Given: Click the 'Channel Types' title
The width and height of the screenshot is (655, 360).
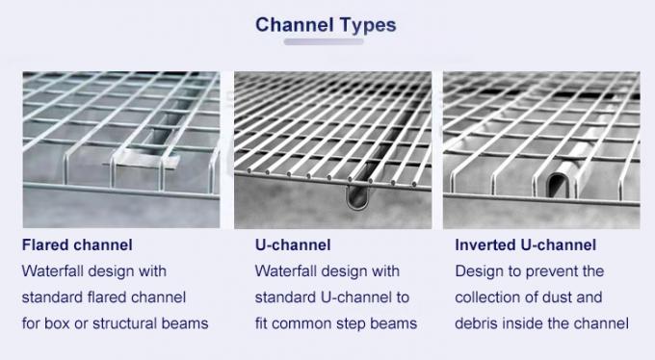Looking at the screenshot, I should click(x=326, y=25).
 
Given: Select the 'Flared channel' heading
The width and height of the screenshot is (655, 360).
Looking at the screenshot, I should click(x=77, y=245).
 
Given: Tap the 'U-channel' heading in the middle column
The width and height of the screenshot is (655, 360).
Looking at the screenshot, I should click(x=293, y=245).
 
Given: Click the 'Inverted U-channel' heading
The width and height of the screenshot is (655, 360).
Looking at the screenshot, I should click(x=525, y=245).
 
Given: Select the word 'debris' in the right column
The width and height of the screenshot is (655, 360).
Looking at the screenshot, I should click(x=479, y=323).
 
